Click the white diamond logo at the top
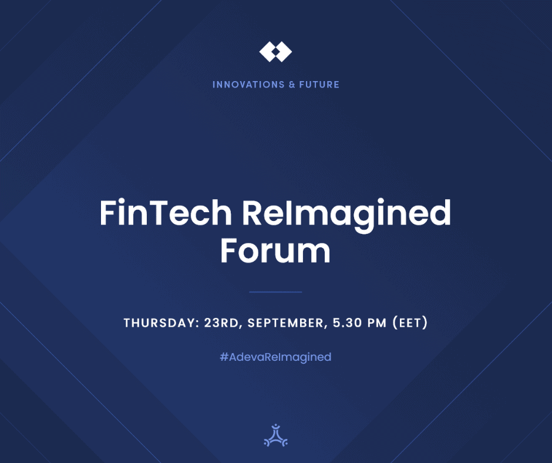(275, 52)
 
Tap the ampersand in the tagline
(292, 85)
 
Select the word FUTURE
(319, 85)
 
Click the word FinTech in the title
(166, 213)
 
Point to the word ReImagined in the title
(346, 215)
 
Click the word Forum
(275, 250)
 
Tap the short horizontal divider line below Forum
(275, 292)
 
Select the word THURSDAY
(159, 323)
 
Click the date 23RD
(221, 323)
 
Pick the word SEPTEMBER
(285, 323)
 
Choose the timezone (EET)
(410, 323)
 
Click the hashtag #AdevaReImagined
(275, 357)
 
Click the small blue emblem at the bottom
(275, 435)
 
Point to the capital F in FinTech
(107, 213)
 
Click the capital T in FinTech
(160, 213)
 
